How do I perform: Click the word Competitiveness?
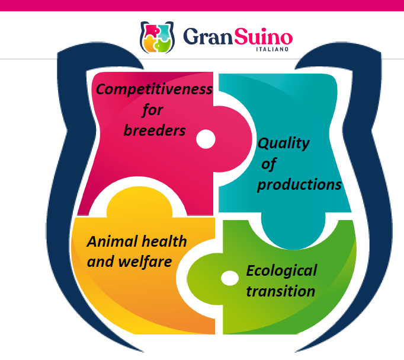(x=154, y=90)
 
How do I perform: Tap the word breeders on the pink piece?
(x=155, y=130)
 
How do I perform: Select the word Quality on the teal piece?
(x=284, y=144)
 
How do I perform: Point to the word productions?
(x=299, y=185)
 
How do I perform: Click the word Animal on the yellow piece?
(x=113, y=241)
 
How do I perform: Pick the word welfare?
(x=145, y=262)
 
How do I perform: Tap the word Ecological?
(x=281, y=271)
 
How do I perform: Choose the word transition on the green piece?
(x=281, y=291)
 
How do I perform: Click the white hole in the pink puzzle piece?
(x=206, y=139)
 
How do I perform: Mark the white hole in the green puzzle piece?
(x=230, y=278)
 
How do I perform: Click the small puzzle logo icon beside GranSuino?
(x=157, y=37)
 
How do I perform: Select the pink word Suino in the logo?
(x=264, y=36)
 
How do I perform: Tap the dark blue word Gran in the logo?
(x=208, y=36)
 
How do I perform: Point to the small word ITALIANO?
(x=272, y=49)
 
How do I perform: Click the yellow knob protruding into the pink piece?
(x=139, y=202)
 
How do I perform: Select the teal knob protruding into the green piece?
(x=293, y=230)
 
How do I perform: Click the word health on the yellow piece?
(x=164, y=241)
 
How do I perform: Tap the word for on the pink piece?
(x=152, y=110)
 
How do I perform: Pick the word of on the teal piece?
(x=269, y=164)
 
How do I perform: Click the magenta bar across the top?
(x=202, y=5)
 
